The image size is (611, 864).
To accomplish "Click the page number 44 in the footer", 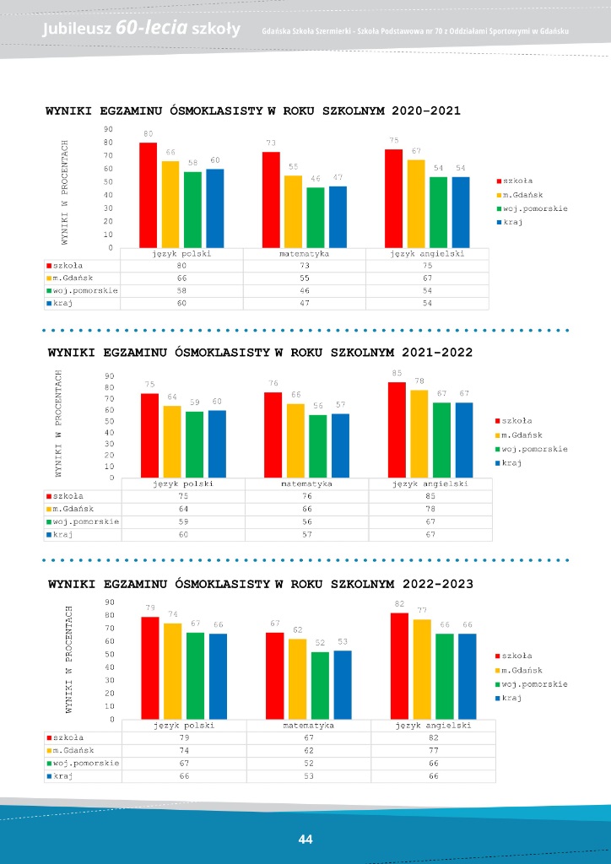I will (305, 839).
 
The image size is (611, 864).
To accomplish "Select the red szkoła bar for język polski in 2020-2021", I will (148, 195).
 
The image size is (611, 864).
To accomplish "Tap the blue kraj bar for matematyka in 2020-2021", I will (338, 217).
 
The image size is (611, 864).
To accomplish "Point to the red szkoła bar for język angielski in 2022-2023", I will (399, 666).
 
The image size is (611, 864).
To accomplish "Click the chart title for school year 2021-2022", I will (260, 352).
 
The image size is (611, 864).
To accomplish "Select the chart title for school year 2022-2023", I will (260, 583).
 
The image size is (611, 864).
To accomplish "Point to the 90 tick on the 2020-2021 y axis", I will (108, 129).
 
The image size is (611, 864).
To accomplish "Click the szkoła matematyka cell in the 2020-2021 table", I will (304, 266).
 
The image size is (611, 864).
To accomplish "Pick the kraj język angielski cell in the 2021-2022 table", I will (430, 534).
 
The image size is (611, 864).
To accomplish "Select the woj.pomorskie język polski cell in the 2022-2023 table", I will (183, 763).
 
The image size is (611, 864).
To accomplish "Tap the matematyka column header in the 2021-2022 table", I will (306, 484).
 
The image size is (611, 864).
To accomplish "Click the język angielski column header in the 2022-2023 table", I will (434, 725).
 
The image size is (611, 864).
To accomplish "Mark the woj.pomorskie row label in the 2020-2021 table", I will (84, 290).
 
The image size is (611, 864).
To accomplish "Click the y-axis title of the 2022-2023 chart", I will (70, 658).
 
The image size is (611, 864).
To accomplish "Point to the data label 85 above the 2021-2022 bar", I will (397, 373).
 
